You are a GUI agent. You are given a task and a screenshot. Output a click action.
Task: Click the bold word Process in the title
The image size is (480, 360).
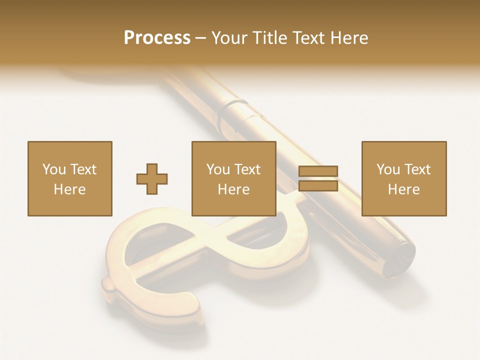(x=157, y=38)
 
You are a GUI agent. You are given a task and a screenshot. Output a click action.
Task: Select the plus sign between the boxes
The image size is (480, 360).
(x=152, y=179)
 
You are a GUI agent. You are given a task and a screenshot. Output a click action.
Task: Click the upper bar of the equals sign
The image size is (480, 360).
(x=318, y=171)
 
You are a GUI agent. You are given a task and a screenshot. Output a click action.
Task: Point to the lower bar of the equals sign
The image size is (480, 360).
(x=318, y=186)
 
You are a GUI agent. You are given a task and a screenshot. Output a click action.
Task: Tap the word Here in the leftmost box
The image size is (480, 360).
(x=70, y=189)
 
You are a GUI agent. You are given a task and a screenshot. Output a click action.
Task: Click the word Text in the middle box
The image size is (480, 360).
(x=247, y=169)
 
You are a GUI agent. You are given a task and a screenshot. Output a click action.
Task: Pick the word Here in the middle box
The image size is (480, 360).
(x=234, y=189)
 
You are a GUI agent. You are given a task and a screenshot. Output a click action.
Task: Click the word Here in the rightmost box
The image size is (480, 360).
(x=404, y=189)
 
